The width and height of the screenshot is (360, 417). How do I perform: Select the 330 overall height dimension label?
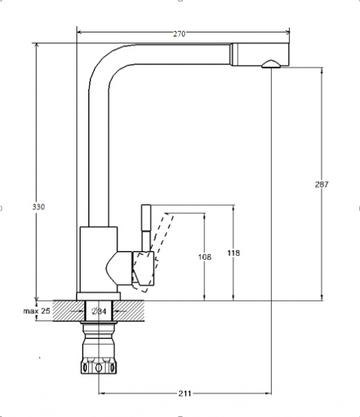pyautogui.click(x=38, y=207)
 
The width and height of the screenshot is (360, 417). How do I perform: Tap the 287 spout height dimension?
pyautogui.click(x=321, y=184)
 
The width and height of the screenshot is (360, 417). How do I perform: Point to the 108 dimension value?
pyautogui.click(x=204, y=257)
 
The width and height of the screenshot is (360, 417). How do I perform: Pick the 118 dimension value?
pyautogui.click(x=234, y=253)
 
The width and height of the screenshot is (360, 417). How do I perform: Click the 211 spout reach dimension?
pyautogui.click(x=185, y=394)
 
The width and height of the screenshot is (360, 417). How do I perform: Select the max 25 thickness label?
pyautogui.click(x=36, y=311)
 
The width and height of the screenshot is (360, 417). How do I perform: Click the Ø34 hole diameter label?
pyautogui.click(x=99, y=311)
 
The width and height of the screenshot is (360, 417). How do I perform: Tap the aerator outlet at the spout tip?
pyautogui.click(x=270, y=65)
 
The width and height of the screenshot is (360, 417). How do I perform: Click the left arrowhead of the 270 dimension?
pyautogui.click(x=79, y=31)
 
